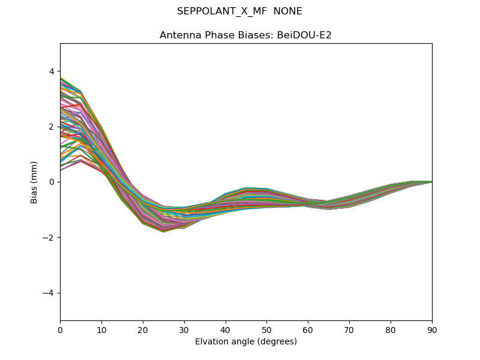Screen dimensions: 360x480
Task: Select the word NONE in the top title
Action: (288, 11)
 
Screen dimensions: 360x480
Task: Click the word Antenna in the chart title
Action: (178, 35)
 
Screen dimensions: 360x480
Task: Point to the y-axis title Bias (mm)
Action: (34, 182)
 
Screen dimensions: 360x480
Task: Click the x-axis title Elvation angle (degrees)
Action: (246, 342)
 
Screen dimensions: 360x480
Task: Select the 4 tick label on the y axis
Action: (50, 71)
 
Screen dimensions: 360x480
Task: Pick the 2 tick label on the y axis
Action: (50, 127)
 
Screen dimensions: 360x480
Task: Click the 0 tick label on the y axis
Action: (50, 182)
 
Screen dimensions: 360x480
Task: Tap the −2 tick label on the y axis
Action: (48, 238)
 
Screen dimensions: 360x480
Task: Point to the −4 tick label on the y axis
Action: (48, 293)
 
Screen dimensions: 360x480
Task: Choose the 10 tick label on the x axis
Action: (101, 329)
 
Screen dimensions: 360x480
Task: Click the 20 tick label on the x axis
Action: (143, 329)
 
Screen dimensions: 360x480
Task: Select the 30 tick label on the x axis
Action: (184, 329)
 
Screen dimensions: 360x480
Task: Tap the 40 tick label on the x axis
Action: (226, 329)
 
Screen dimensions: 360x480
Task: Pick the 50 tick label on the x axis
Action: (266, 329)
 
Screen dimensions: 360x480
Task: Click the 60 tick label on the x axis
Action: (308, 329)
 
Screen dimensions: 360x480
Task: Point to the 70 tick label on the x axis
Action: (349, 329)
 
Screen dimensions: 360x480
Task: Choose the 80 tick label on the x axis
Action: (391, 329)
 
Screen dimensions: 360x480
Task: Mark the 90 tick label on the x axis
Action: (432, 329)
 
